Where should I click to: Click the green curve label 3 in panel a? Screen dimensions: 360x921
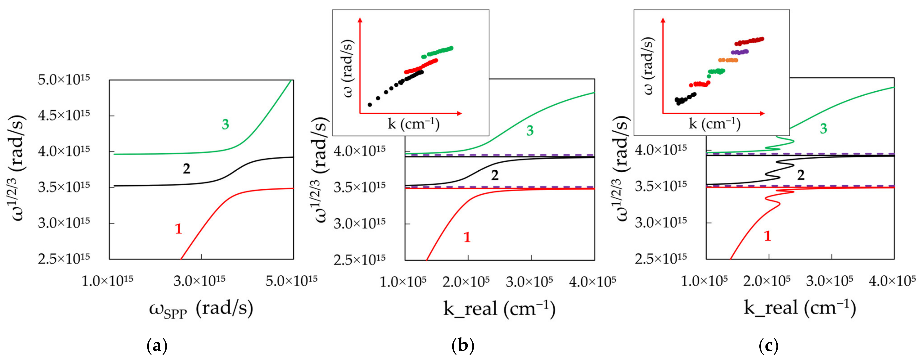point(225,124)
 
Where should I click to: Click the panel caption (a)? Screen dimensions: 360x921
point(157,346)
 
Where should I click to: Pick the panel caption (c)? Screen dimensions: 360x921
point(768,346)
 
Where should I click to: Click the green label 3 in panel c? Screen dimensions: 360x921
point(823,129)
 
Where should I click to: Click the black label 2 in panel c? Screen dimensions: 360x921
point(801,175)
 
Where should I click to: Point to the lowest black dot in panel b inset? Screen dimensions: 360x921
point(370,105)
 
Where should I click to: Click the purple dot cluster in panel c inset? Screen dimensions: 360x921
point(740,52)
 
